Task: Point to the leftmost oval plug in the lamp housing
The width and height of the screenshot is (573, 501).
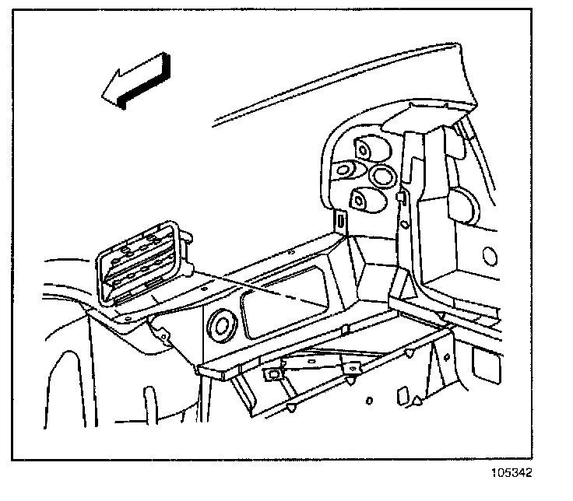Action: coord(345,171)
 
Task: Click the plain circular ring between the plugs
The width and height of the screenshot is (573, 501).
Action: coord(383,176)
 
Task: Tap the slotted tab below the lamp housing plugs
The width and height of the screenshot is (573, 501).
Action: coord(343,221)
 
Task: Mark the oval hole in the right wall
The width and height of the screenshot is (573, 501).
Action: coord(490,256)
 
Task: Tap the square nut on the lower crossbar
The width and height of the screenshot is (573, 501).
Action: coord(273,375)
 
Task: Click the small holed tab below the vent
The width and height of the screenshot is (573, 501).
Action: coord(163,336)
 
